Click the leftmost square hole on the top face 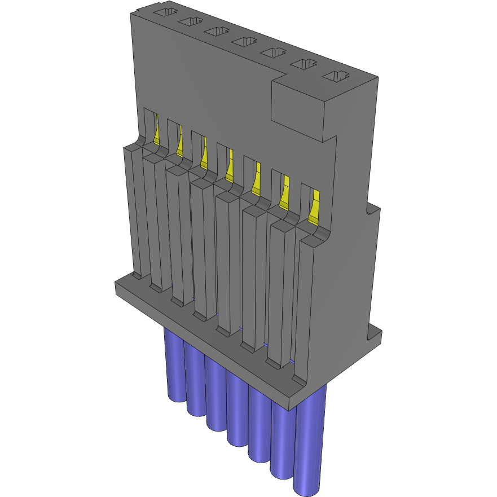pos(164,12)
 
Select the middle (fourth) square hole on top pos(244,41)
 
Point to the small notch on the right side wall pos(370,209)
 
